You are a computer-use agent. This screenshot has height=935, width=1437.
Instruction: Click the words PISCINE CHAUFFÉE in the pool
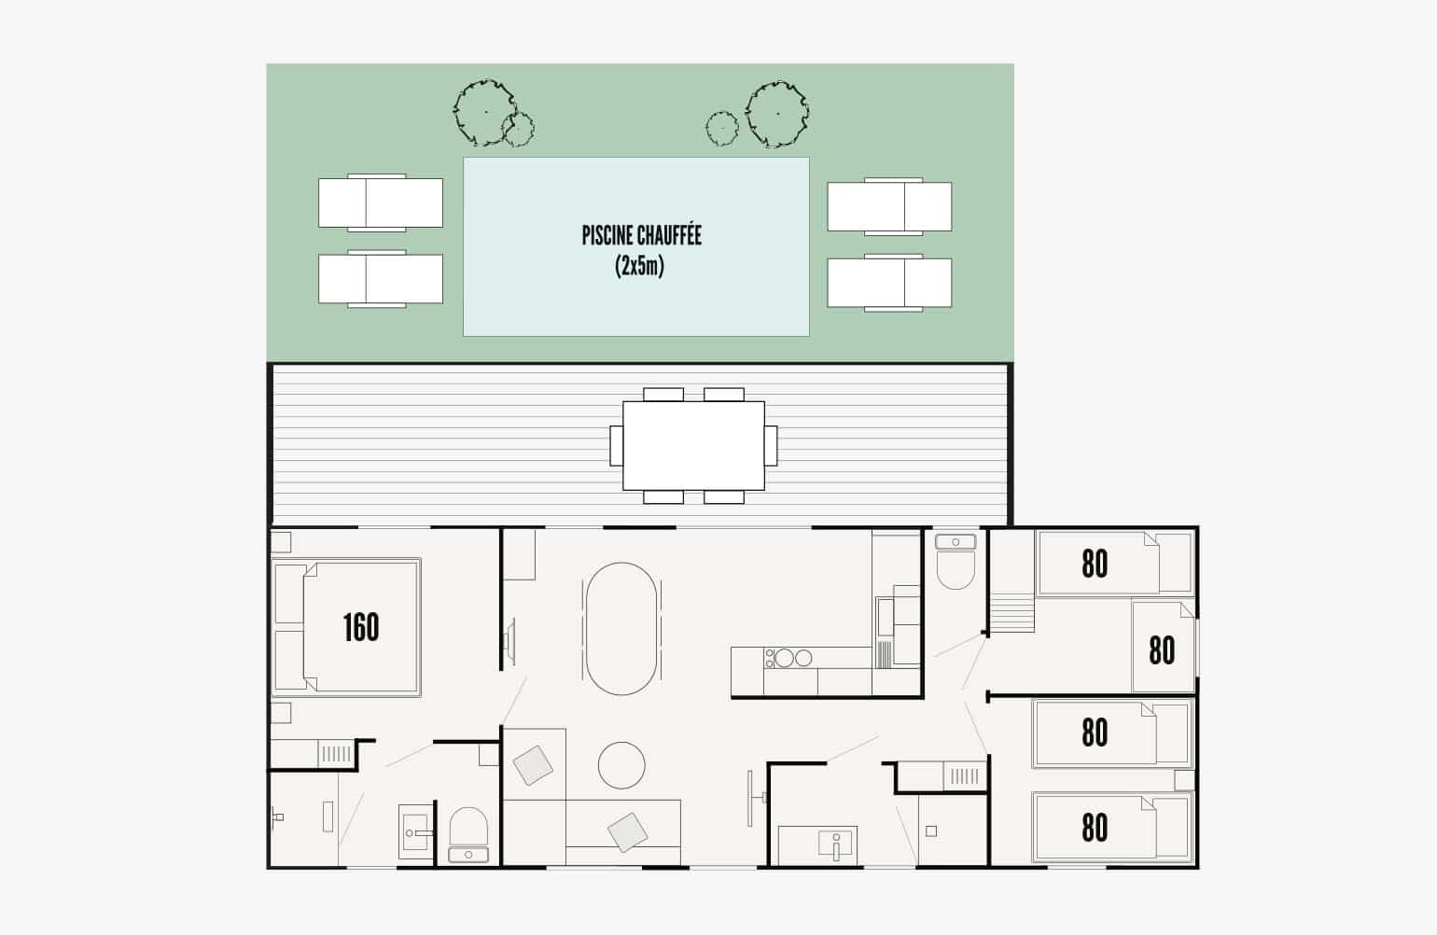(x=642, y=235)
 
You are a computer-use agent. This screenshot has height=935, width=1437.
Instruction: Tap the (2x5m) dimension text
(x=639, y=266)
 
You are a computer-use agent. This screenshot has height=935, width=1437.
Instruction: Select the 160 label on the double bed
(x=361, y=628)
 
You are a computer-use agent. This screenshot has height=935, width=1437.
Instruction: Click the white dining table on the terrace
(x=693, y=445)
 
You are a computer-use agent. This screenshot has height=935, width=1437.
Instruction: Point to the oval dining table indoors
(x=621, y=628)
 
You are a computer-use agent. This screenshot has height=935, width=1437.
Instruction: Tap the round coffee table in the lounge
(x=621, y=765)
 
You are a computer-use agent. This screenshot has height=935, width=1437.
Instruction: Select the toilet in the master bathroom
(x=469, y=827)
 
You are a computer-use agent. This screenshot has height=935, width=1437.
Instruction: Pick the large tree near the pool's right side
(x=777, y=114)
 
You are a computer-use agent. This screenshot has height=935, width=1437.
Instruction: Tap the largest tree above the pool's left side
(x=485, y=112)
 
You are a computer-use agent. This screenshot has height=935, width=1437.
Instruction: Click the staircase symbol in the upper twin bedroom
(x=1012, y=612)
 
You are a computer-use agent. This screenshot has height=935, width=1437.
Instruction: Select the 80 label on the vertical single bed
(x=1162, y=650)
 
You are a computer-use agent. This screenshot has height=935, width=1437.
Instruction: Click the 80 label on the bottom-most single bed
(x=1095, y=828)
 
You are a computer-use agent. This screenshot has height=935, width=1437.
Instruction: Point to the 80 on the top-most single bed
(x=1095, y=565)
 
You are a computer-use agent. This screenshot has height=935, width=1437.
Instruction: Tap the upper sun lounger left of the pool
(x=381, y=202)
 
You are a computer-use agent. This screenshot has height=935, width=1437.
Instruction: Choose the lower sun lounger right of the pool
(x=890, y=283)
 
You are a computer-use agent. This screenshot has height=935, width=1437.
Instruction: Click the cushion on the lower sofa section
(x=627, y=832)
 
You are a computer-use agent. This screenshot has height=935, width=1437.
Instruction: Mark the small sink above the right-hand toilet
(x=956, y=541)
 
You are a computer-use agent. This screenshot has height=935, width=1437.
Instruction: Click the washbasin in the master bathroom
(x=416, y=831)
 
